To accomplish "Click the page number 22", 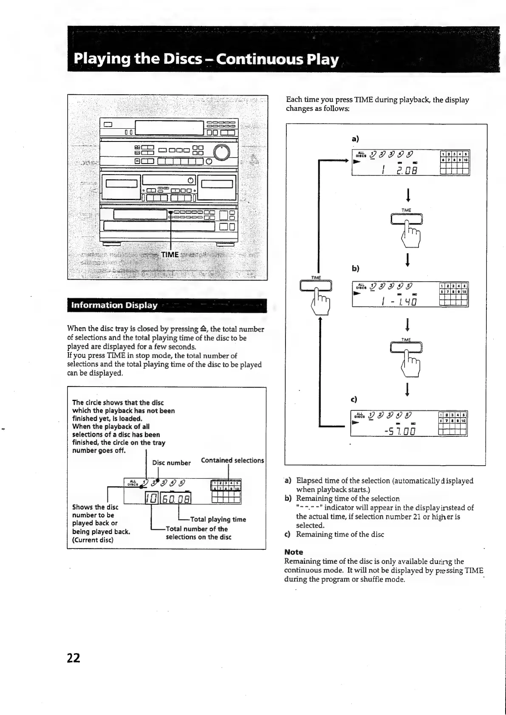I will pyautogui.click(x=73, y=658).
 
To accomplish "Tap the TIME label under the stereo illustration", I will pyautogui.click(x=170, y=254).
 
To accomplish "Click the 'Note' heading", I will pyautogui.click(x=294, y=552).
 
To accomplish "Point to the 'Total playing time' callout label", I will pyautogui.click(x=218, y=519).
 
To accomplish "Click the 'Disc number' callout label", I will pyautogui.click(x=171, y=463).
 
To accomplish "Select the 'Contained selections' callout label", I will pyautogui.click(x=232, y=461).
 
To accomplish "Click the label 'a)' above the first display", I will pyautogui.click(x=355, y=138).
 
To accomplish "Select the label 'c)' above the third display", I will pyautogui.click(x=353, y=399).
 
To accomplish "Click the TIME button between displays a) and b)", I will pyautogui.click(x=407, y=219).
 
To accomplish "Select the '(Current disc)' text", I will pyautogui.click(x=93, y=540).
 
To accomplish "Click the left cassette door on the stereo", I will pyautogui.click(x=122, y=184).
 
